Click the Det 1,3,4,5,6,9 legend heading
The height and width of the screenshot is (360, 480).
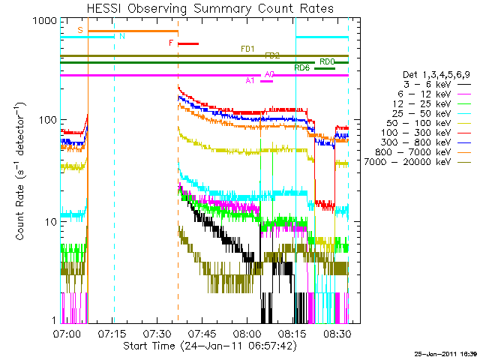tap(424, 75)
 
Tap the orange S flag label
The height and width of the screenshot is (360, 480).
tap(80, 30)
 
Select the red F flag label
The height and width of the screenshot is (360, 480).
tap(171, 43)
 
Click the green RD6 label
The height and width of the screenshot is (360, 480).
tap(301, 68)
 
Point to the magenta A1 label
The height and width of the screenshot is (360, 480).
tap(250, 80)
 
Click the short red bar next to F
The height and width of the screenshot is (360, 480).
tap(187, 43)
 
